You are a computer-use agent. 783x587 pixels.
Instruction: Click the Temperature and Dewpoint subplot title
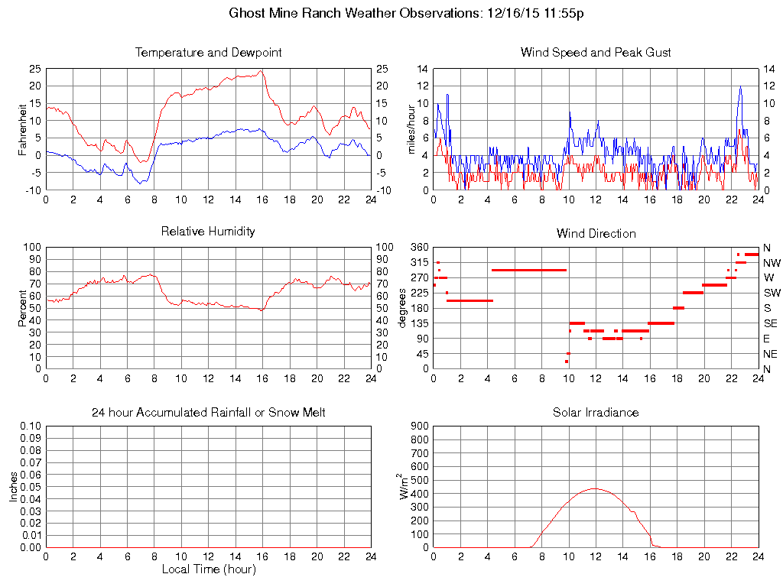pos(208,53)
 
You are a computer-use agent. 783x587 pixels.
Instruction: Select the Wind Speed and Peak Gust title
pos(596,53)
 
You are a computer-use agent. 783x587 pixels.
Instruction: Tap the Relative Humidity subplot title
pos(208,231)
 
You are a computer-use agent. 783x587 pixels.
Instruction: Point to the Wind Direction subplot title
pos(596,233)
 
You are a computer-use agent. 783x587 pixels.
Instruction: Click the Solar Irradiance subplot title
pos(596,413)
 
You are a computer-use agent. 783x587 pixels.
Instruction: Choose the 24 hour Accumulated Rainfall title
pos(208,413)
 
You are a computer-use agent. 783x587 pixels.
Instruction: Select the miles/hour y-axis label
pos(411,129)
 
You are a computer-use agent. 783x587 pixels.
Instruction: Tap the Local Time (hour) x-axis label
pos(208,569)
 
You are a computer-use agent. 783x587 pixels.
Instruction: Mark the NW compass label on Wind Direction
pos(771,262)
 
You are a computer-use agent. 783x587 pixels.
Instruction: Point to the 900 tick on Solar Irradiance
pos(420,426)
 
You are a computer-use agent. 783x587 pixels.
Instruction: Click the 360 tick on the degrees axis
pos(420,248)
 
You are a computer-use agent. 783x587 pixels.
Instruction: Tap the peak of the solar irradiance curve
pos(595,488)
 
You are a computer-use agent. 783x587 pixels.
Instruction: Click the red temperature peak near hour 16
pos(261,70)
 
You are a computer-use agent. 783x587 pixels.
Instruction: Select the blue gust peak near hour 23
pos(740,86)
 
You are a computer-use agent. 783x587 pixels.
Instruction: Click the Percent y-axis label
pos(22,308)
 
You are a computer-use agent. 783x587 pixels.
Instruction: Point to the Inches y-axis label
pos(14,487)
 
